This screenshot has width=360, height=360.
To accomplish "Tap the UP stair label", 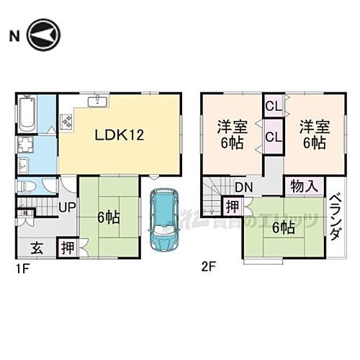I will pyautogui.click(x=66, y=207).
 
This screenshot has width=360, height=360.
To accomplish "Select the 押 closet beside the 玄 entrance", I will pyautogui.click(x=66, y=247).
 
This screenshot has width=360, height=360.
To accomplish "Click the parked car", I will pyautogui.click(x=163, y=219).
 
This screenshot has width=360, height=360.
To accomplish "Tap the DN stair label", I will pyautogui.click(x=243, y=188).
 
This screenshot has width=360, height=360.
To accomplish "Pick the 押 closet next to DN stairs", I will pyautogui.click(x=233, y=207).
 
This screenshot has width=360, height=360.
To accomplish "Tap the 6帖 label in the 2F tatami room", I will pyautogui.click(x=282, y=228).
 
